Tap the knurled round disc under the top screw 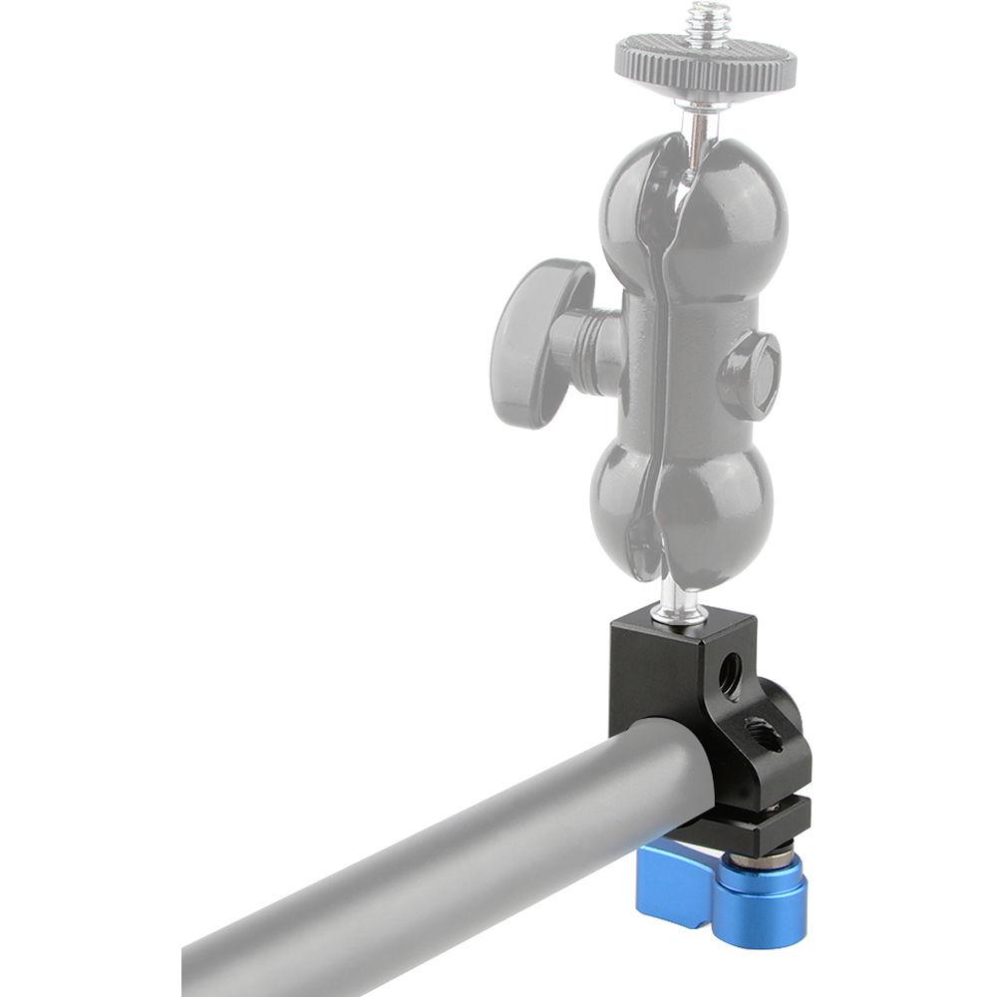(x=705, y=60)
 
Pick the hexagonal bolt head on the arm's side (x=749, y=375)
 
